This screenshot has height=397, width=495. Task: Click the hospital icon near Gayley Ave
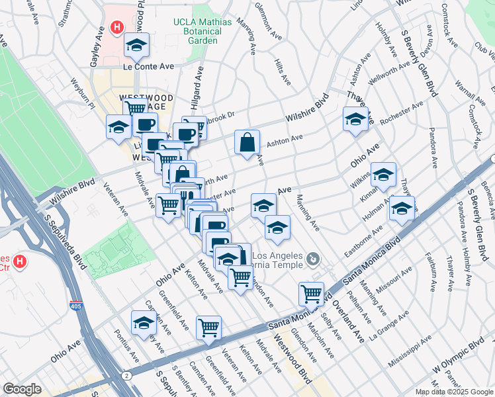tap(117, 27)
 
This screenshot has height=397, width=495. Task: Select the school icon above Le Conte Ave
tap(137, 46)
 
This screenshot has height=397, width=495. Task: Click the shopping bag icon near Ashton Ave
tap(247, 142)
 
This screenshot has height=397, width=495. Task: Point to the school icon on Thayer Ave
tap(355, 120)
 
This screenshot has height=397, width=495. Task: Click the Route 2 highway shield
tap(126, 375)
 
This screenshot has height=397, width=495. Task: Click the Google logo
tap(22, 389)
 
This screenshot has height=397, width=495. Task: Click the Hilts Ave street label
tap(283, 70)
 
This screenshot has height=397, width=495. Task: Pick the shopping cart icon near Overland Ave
tap(310, 292)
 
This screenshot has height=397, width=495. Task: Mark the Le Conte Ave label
tap(148, 66)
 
